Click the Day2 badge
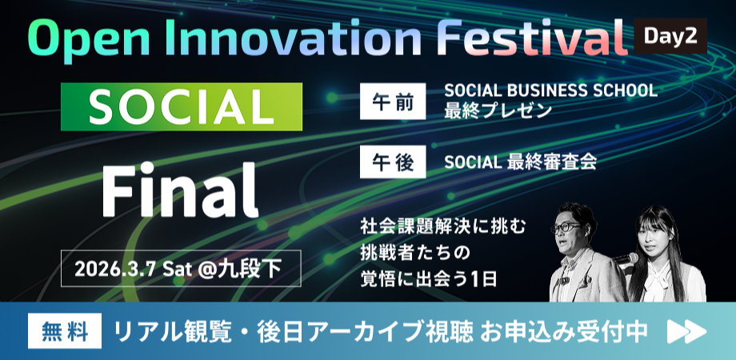click(670, 36)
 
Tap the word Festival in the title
click(532, 39)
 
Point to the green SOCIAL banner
click(182, 106)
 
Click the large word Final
click(180, 190)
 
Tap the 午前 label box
click(393, 102)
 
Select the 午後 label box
click(393, 162)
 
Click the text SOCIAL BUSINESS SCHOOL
click(550, 90)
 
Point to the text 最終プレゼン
click(498, 110)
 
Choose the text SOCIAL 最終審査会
click(521, 162)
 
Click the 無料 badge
click(65, 331)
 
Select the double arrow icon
click(686, 332)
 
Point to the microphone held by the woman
click(626, 258)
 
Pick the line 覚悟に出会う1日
click(428, 279)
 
